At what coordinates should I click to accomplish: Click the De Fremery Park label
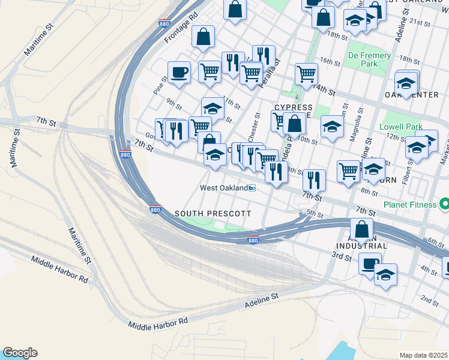(x=370, y=59)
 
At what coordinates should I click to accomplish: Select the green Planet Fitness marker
(x=444, y=205)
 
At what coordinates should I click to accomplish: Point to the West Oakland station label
(x=223, y=188)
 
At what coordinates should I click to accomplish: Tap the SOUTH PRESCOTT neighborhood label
(x=212, y=214)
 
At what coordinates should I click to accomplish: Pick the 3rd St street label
(x=341, y=257)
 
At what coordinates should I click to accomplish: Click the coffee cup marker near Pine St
(x=179, y=73)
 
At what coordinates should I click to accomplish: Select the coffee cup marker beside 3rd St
(x=370, y=263)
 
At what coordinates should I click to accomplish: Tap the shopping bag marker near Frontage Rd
(x=203, y=37)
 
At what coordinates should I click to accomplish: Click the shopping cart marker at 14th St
(x=306, y=75)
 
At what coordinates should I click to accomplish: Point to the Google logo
(x=20, y=353)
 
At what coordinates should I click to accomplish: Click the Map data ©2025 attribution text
(x=423, y=355)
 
